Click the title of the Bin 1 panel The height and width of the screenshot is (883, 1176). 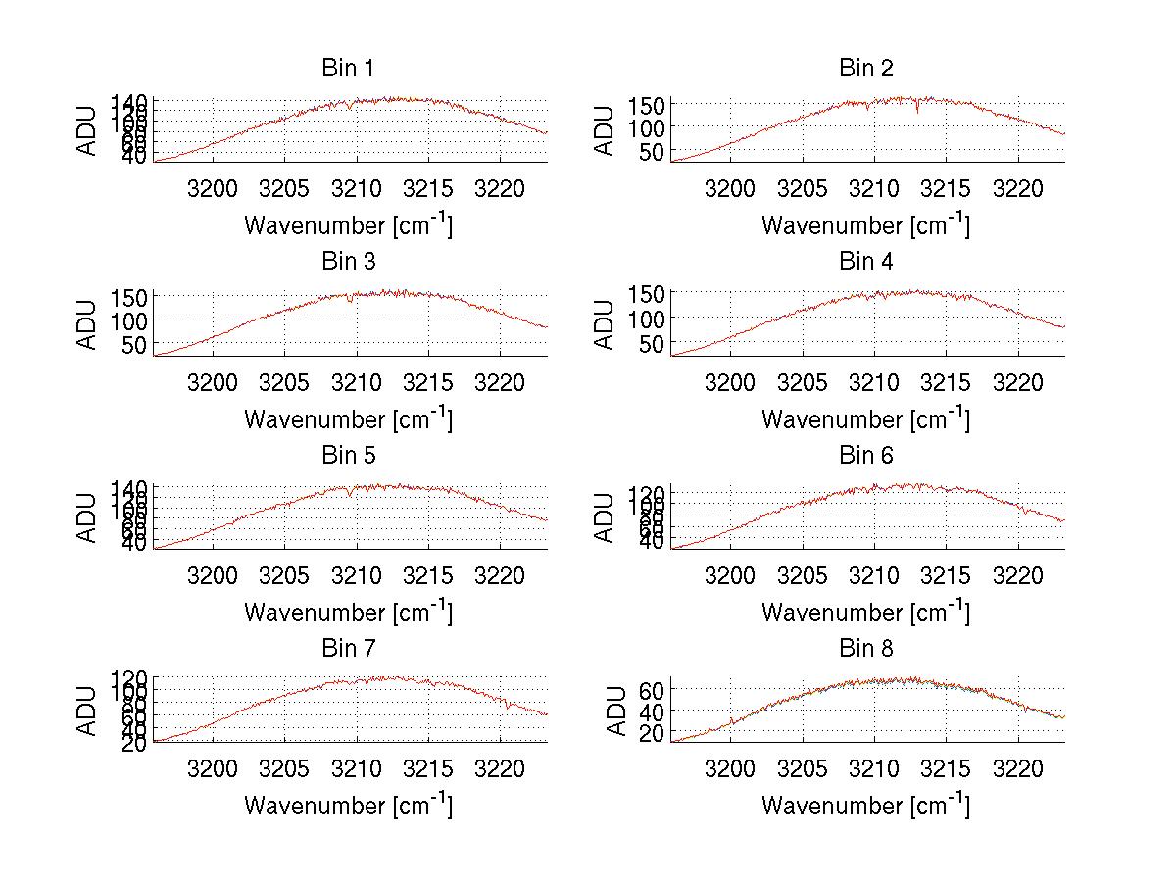pos(348,69)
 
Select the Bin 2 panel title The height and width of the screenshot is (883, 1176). pos(866,69)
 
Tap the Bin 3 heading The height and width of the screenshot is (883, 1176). pos(348,262)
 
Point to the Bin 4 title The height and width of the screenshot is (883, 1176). pos(866,262)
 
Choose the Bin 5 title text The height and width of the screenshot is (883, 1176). pos(348,456)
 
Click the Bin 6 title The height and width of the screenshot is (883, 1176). pos(866,456)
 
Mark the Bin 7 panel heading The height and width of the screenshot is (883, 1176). pos(348,649)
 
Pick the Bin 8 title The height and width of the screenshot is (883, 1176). pos(866,649)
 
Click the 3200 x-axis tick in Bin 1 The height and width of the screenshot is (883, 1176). pos(212,189)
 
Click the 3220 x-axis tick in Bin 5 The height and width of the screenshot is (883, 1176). pos(500,576)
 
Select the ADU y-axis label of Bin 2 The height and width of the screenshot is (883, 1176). pos(605,130)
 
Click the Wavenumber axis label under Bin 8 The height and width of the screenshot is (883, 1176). pos(865,806)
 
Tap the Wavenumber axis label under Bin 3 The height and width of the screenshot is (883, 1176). pos(348,418)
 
